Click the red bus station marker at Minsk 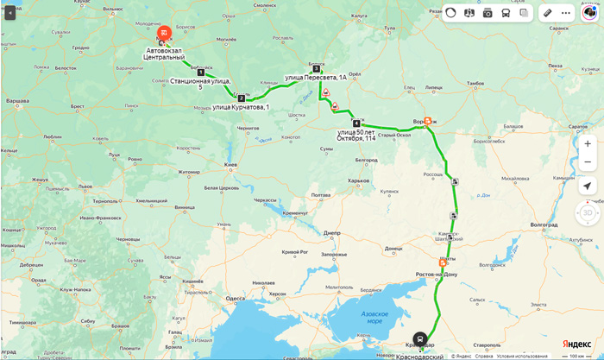(165, 33)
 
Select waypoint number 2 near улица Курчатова (242, 98)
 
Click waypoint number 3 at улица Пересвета (316, 68)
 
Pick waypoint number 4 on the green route (356, 123)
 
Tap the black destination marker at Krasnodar (419, 338)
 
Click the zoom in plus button (587, 143)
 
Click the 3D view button (587, 212)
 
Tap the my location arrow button (587, 186)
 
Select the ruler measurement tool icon (546, 13)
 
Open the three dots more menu (566, 13)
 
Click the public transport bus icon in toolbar (506, 13)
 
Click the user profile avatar (588, 13)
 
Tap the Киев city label (230, 164)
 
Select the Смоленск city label (264, 5)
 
